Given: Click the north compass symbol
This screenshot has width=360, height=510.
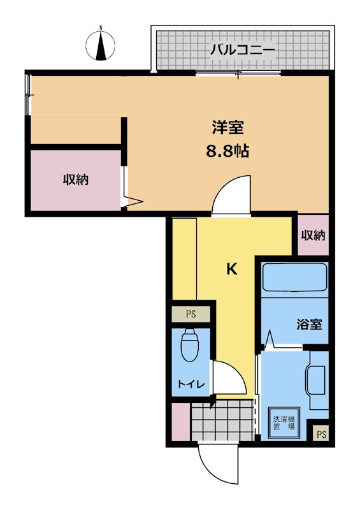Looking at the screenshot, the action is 101,45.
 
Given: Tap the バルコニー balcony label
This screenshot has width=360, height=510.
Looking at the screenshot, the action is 243,50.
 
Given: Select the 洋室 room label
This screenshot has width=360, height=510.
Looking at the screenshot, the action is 227,127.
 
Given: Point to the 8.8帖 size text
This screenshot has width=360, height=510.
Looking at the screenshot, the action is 227,151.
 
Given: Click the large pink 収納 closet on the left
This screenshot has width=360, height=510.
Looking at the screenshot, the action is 76,180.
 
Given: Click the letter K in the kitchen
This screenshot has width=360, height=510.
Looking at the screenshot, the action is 231,269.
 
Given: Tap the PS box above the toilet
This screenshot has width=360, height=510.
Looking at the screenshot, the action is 191,314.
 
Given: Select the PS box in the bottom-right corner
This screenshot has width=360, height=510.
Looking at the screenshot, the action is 321,435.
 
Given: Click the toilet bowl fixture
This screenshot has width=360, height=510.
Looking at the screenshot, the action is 190,345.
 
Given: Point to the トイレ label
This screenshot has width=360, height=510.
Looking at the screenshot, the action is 191,384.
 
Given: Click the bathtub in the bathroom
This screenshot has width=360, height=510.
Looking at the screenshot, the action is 294,277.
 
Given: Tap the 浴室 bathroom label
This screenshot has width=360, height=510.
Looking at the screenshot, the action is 309,324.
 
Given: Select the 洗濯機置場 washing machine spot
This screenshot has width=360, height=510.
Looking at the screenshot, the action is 284,423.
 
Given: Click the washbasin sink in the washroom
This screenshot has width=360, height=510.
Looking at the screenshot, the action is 316,379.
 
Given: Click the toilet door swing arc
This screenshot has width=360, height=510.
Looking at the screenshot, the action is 229,377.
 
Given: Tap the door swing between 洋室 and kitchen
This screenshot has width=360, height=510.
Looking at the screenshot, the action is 231,194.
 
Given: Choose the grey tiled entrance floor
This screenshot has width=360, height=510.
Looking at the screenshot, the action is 222,420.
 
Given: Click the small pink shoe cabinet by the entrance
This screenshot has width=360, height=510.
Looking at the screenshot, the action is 180,422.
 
